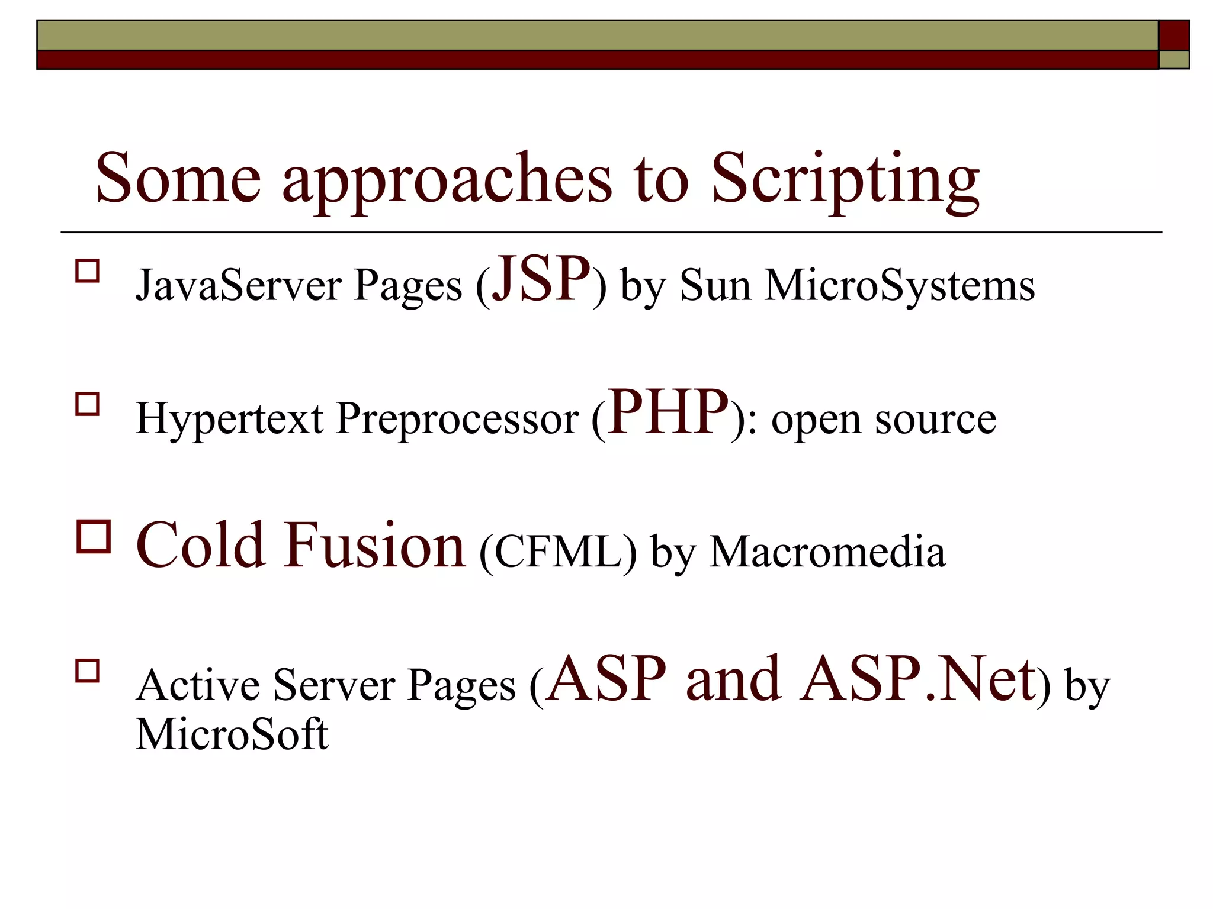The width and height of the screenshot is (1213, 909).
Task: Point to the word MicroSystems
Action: click(899, 286)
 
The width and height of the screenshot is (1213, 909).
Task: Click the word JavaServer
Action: click(239, 286)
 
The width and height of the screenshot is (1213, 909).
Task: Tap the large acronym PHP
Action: click(668, 412)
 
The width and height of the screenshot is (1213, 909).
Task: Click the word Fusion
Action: click(374, 545)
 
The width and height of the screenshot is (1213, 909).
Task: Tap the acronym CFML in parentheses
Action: click(557, 553)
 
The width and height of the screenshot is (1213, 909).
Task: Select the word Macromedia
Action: click(827, 553)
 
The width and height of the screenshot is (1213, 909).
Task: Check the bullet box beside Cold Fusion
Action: click(94, 537)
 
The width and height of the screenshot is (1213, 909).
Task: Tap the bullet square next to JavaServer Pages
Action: click(88, 271)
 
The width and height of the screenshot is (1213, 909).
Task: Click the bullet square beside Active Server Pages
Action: click(88, 672)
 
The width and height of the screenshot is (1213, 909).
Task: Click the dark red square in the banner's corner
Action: click(1174, 36)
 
